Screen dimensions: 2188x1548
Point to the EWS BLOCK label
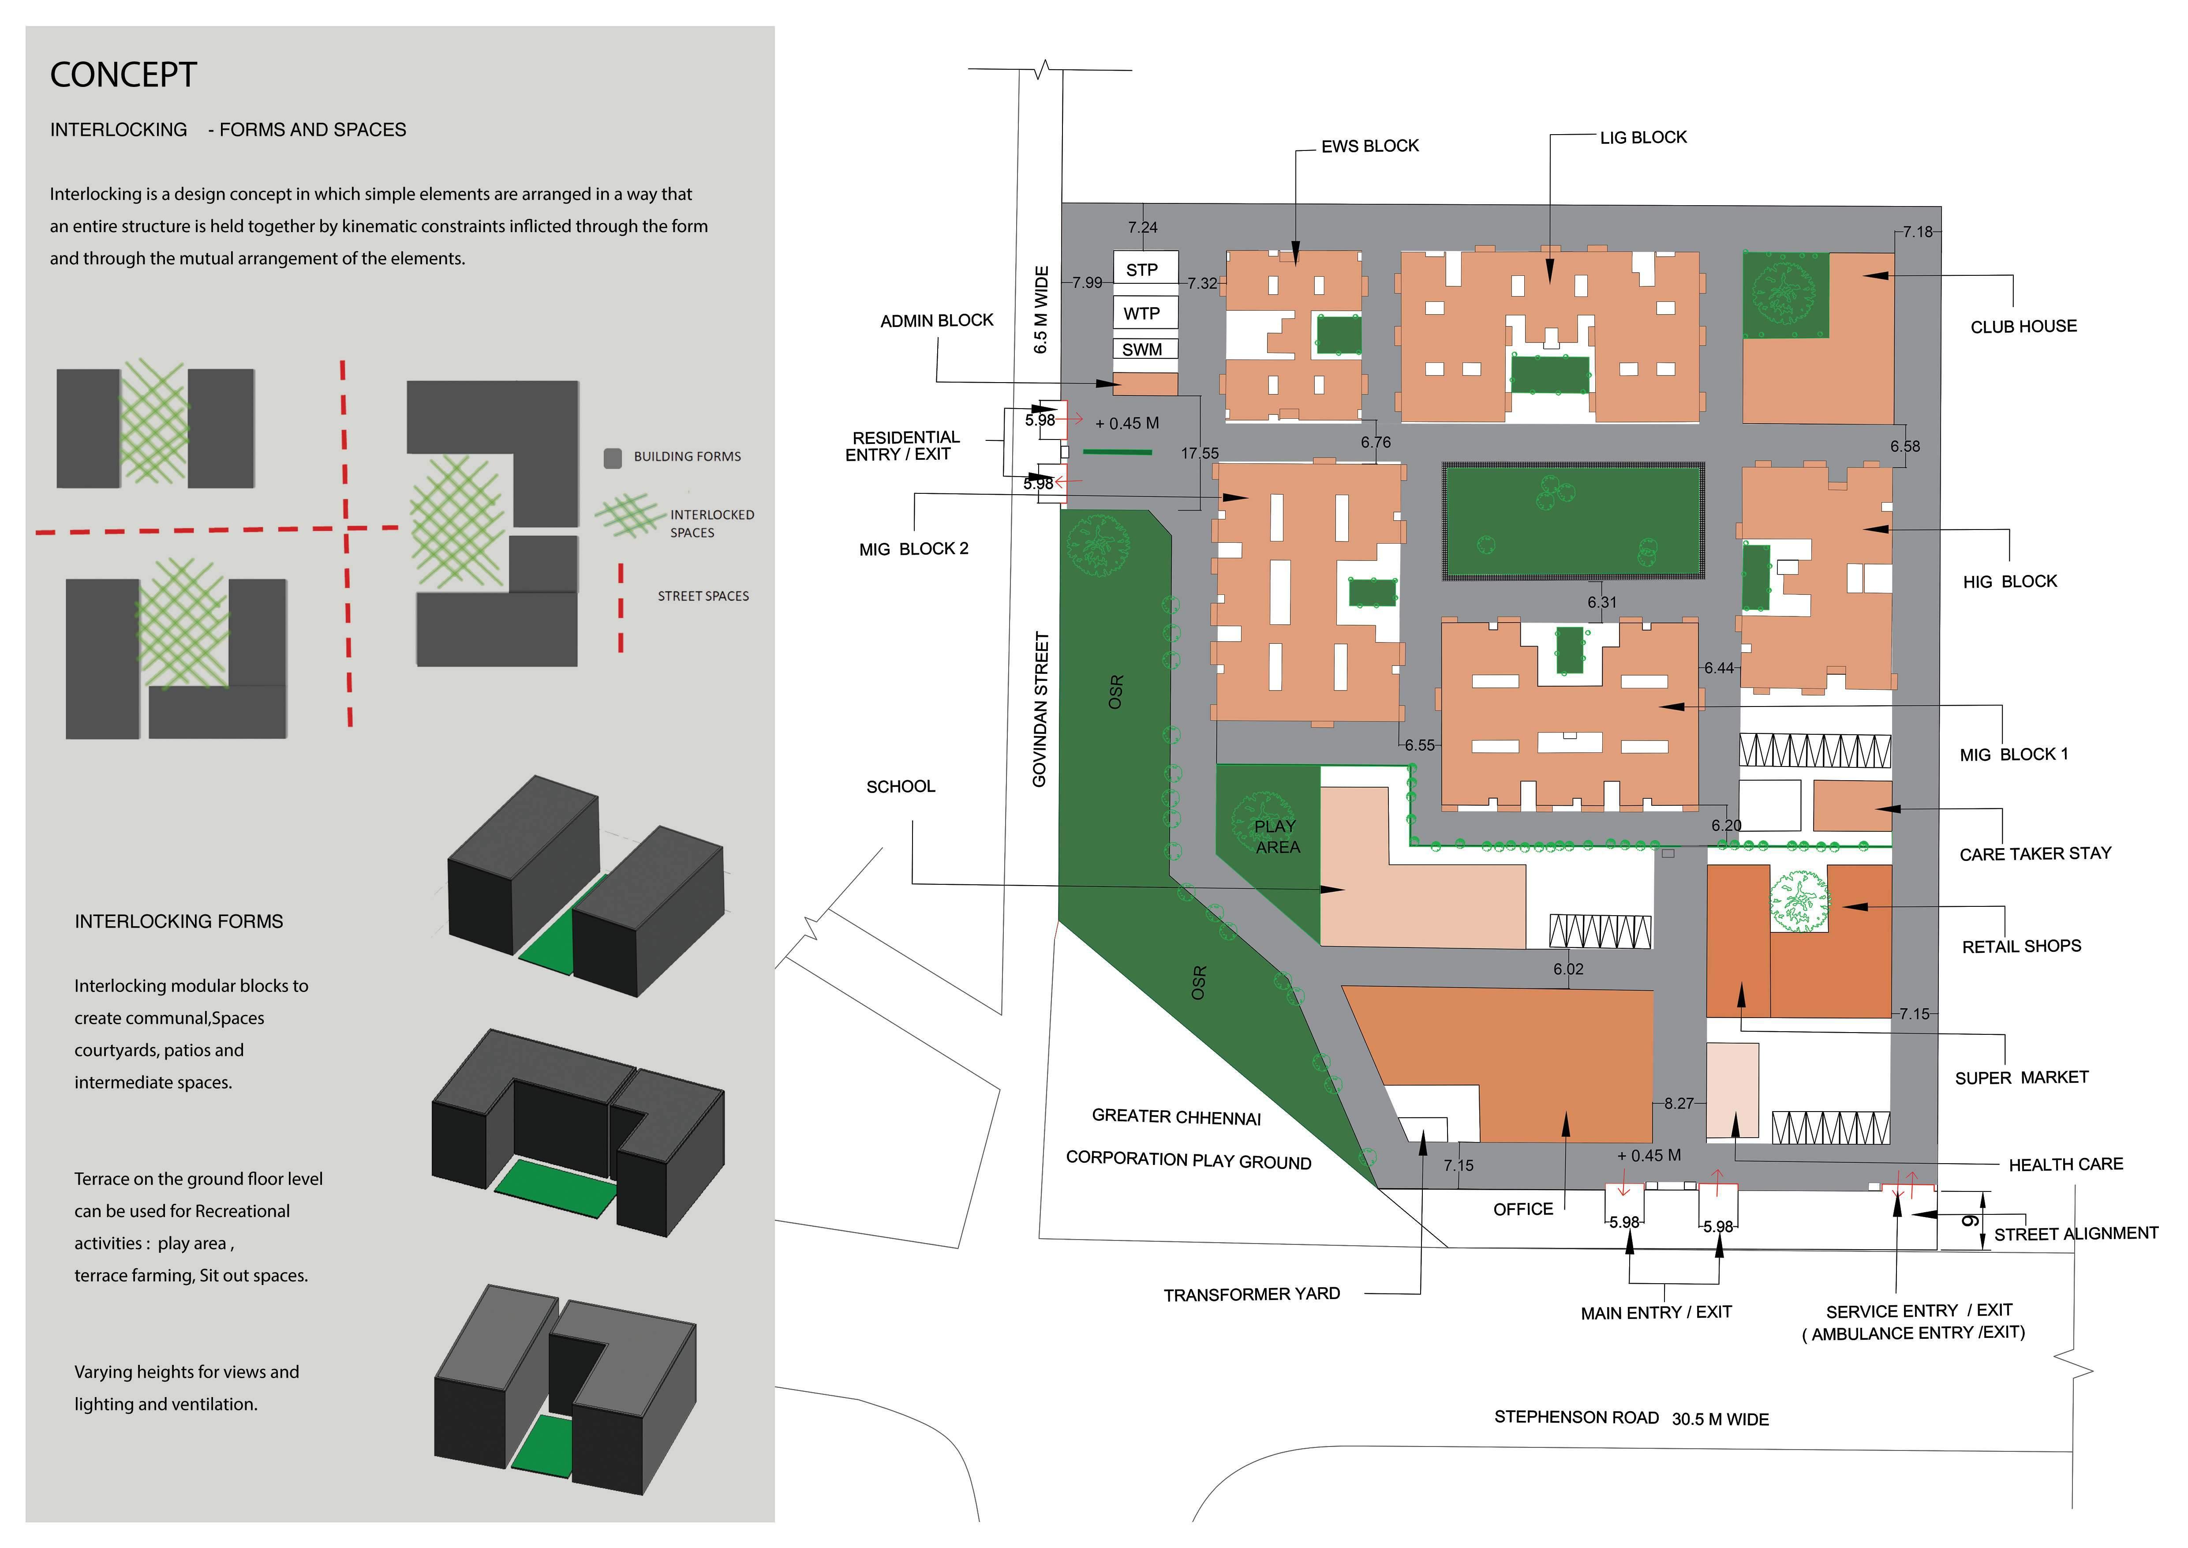(1369, 146)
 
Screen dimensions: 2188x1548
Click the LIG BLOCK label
(1643, 137)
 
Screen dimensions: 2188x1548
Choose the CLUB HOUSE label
(2023, 326)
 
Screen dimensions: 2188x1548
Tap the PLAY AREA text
(1276, 836)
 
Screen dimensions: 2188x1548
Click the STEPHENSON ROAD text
(1576, 1417)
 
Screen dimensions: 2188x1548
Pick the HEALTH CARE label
(2065, 1164)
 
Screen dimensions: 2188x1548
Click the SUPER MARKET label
(2021, 1077)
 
